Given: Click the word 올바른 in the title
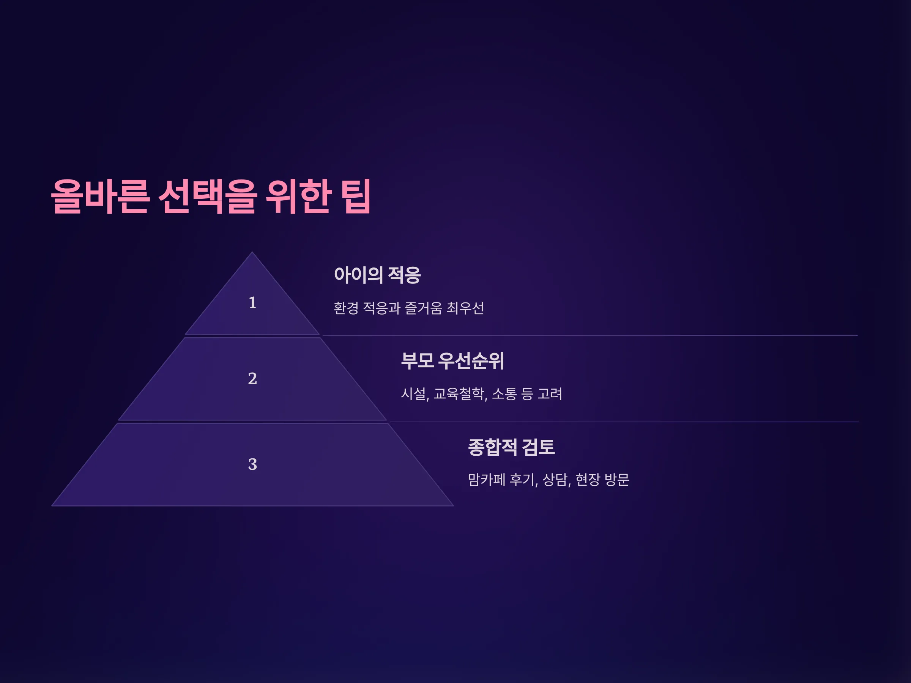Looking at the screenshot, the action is (x=100, y=197).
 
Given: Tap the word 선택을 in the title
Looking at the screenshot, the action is (x=208, y=197).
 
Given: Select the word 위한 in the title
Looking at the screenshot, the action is (x=299, y=197).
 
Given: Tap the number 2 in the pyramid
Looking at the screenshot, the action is (x=252, y=378).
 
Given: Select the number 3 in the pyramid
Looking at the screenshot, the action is (x=252, y=464).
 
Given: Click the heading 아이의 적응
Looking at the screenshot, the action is (x=377, y=275).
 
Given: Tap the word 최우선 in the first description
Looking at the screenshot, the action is (x=465, y=308).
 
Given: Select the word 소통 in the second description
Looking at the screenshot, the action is (x=504, y=394).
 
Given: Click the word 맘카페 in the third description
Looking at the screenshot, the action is (x=486, y=480).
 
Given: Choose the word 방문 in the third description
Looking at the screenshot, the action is (x=617, y=480).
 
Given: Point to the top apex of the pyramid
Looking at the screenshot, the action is (x=252, y=252).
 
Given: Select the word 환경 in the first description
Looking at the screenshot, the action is (x=346, y=308).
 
